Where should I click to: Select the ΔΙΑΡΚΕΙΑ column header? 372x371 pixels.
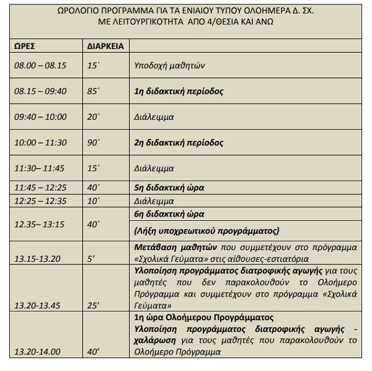[x=102, y=45]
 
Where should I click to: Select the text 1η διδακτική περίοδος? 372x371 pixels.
[x=178, y=91]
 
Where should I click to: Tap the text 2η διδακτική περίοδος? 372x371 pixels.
[x=178, y=143]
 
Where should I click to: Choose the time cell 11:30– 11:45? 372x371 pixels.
[x=38, y=168]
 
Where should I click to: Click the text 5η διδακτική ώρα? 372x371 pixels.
[x=169, y=187]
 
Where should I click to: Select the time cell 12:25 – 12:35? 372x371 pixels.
[x=39, y=201]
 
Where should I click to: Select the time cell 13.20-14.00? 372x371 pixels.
[x=35, y=352]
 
